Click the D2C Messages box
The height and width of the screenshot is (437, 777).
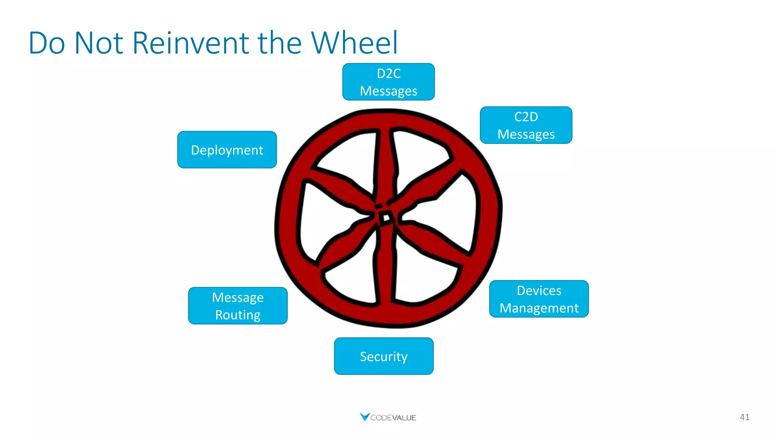coord(388,82)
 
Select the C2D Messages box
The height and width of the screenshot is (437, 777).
coord(526,125)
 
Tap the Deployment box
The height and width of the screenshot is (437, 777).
coord(227,150)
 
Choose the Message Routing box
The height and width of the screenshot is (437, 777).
coord(238,306)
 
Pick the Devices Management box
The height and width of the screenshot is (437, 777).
coord(539,299)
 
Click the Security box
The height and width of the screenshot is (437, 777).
coord(384,356)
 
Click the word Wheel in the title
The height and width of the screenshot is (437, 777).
coord(354,42)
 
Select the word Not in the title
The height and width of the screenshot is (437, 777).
coord(99,42)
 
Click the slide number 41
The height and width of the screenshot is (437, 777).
coord(744,417)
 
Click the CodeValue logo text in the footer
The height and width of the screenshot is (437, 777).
coord(393,418)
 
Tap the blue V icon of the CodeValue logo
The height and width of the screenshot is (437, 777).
coord(364,417)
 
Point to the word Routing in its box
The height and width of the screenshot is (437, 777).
coord(238,315)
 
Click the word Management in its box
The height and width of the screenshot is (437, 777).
coord(539,308)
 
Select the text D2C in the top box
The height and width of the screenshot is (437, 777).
coord(388,73)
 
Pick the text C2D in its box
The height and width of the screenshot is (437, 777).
coord(526,116)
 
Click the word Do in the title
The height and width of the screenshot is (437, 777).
coord(46,42)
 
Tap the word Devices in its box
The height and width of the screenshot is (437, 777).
coord(539,291)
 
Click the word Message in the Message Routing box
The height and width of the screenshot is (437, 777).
coord(238,297)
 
